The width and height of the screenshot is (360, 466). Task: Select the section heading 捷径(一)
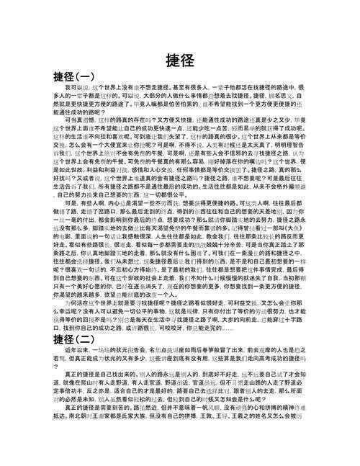point(73,76)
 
